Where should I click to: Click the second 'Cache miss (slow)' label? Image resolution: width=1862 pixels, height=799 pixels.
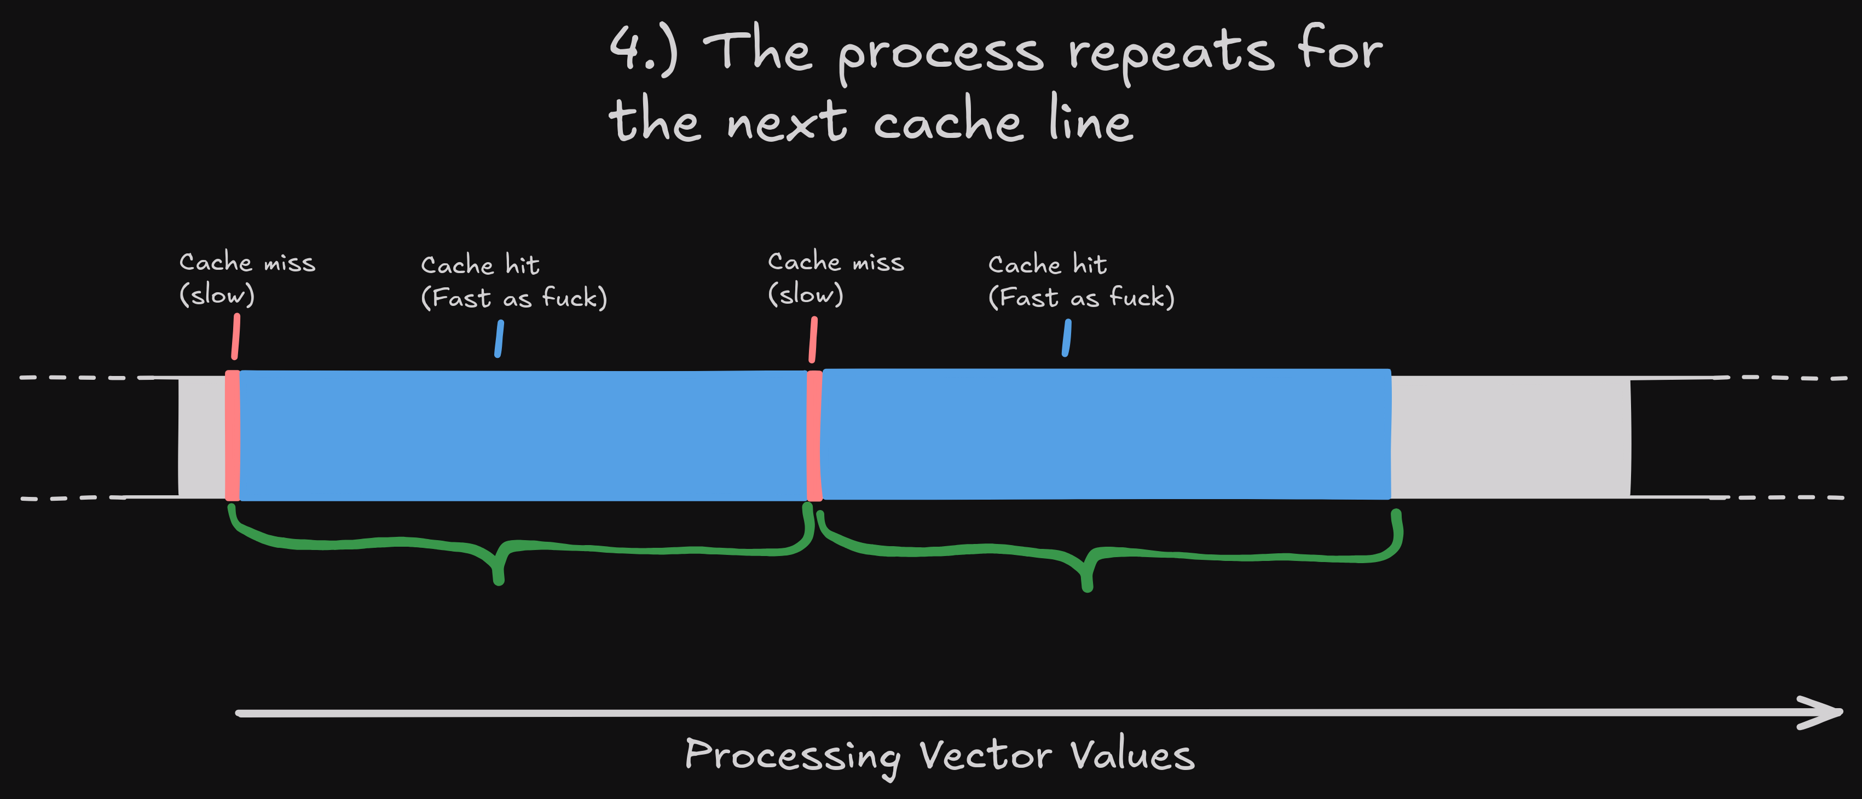pyautogui.click(x=836, y=278)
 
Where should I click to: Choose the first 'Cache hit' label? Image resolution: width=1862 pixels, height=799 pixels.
pyautogui.click(x=514, y=282)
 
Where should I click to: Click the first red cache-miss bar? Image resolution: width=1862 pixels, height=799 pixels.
pyautogui.click(x=232, y=436)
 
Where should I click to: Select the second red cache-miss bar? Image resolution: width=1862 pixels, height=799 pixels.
pyautogui.click(x=814, y=436)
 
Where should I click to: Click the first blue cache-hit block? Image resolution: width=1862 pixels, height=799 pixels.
pyautogui.click(x=523, y=436)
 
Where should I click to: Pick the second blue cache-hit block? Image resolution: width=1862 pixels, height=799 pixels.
pyautogui.click(x=1107, y=434)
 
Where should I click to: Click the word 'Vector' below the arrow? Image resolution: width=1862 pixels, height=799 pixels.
pyautogui.click(x=985, y=755)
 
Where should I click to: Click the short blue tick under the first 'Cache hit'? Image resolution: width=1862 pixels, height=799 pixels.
pyautogui.click(x=499, y=339)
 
